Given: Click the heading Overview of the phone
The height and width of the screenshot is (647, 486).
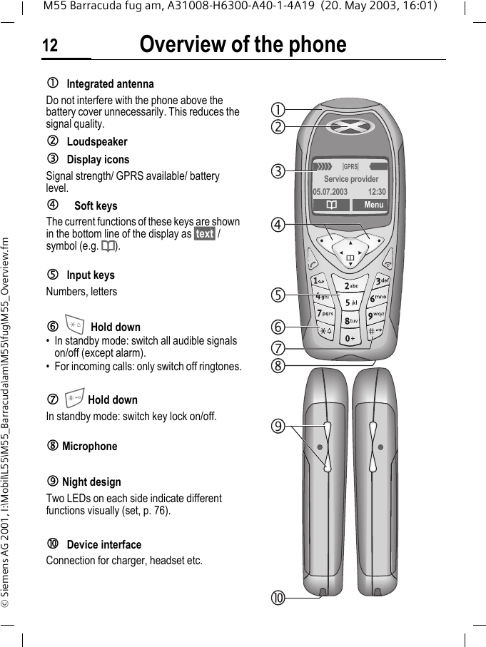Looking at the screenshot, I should click(243, 44).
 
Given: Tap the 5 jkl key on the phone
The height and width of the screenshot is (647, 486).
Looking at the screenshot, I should click(350, 303).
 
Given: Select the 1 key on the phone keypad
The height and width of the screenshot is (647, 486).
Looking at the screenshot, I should click(318, 280).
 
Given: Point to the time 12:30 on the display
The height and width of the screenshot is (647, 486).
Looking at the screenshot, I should click(376, 192).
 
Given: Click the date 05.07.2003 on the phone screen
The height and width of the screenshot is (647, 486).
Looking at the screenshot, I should click(330, 192).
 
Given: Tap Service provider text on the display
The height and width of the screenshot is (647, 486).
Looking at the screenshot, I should click(351, 180).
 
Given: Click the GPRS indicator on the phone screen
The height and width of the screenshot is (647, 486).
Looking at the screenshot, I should click(350, 167).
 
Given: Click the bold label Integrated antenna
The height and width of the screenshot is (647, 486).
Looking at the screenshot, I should click(110, 84).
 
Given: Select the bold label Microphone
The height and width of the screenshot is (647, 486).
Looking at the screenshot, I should click(89, 447).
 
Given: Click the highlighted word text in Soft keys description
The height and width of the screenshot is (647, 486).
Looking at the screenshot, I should click(204, 234).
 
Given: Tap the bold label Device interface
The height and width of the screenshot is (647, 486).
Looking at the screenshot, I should click(103, 545).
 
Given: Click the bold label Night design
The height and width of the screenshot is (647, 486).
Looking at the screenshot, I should click(91, 482).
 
